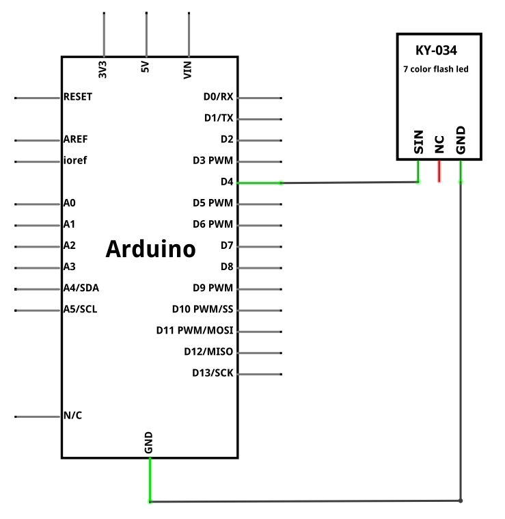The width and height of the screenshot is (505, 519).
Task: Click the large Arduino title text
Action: tap(151, 249)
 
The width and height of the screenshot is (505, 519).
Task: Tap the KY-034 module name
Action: tap(436, 51)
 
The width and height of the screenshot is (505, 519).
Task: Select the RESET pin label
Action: tap(78, 96)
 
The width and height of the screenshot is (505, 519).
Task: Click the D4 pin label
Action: tap(227, 182)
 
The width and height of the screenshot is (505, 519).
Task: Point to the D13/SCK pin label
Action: tap(213, 373)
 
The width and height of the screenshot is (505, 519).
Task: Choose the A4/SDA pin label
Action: tap(81, 288)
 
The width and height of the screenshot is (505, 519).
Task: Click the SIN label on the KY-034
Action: tap(419, 142)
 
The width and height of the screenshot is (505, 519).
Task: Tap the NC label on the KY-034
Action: tap(439, 144)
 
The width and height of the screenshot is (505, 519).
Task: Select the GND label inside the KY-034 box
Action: tap(461, 140)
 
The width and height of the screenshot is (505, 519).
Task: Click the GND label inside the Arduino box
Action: tap(148, 442)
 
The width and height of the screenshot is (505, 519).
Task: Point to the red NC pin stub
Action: tap(439, 171)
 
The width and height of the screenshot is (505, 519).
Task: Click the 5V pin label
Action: tap(145, 67)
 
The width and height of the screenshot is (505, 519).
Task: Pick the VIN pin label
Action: tap(187, 70)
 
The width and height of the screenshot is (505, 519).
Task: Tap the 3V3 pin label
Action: tap(103, 70)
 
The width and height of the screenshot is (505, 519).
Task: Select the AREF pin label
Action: tap(75, 139)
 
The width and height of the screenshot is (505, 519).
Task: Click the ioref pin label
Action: tap(75, 161)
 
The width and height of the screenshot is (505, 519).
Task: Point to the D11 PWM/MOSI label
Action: tap(195, 330)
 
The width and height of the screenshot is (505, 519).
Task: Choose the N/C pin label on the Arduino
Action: tap(72, 415)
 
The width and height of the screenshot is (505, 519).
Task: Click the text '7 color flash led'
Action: tap(436, 69)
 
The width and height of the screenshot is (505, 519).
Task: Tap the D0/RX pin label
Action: tap(218, 96)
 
